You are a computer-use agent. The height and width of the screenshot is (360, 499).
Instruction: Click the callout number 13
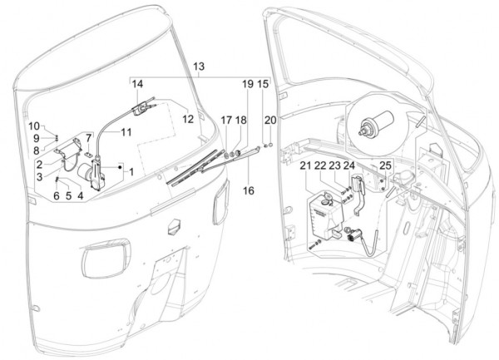click(x=198, y=66)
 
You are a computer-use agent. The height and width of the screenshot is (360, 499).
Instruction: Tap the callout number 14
click(x=137, y=84)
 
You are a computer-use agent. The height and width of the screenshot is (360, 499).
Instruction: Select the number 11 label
click(x=126, y=132)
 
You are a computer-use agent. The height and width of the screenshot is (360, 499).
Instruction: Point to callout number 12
click(x=188, y=119)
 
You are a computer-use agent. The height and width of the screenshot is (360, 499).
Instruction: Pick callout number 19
click(x=247, y=85)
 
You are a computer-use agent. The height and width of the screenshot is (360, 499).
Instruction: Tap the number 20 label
click(x=269, y=120)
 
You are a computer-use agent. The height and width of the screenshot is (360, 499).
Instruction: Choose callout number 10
click(x=37, y=126)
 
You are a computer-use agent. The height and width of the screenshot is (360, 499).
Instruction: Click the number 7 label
click(x=89, y=137)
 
